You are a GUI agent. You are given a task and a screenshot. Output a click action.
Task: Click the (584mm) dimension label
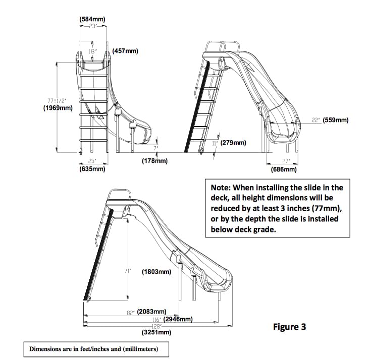pos(92,20)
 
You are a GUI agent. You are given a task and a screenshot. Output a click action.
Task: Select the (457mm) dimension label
pos(125,51)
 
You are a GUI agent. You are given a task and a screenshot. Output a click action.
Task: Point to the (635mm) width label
pos(92,169)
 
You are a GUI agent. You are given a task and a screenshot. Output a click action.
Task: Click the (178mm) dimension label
pos(154,161)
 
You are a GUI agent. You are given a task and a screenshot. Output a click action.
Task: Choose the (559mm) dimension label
pos(336,120)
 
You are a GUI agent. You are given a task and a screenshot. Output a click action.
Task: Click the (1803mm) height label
pos(156,272)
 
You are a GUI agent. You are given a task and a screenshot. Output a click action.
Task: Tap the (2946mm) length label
pos(178,319)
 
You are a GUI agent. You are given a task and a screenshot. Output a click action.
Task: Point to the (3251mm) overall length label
pos(156,332)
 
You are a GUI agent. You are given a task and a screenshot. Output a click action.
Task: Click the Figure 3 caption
pos(289,327)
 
